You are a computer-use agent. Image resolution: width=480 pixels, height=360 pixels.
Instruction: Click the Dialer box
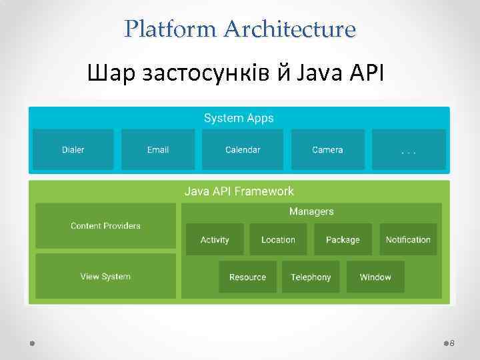click(x=73, y=149)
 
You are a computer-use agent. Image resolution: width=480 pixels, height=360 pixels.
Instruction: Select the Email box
click(x=158, y=149)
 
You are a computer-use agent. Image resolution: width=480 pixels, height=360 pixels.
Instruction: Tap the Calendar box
click(x=243, y=149)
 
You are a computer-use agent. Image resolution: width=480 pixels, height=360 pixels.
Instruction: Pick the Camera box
click(x=327, y=149)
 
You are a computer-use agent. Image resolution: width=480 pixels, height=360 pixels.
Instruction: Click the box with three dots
click(x=409, y=149)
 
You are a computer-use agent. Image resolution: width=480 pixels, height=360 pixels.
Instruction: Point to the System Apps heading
click(x=239, y=118)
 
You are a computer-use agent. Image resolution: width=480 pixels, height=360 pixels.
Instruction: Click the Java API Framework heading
click(x=239, y=191)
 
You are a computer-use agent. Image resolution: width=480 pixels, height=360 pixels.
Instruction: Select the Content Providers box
click(x=105, y=226)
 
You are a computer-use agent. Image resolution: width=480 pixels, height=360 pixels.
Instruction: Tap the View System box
click(x=105, y=276)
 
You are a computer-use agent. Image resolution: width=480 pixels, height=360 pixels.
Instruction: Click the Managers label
click(x=311, y=211)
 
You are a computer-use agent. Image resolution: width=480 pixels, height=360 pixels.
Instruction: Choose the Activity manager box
click(x=215, y=239)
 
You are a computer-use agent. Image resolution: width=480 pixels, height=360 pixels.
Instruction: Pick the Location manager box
click(x=278, y=239)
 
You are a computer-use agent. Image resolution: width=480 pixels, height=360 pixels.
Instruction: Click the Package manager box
click(x=343, y=239)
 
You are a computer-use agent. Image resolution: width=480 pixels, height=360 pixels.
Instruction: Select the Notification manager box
click(x=408, y=239)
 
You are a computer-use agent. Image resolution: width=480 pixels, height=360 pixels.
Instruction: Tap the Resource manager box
click(x=247, y=277)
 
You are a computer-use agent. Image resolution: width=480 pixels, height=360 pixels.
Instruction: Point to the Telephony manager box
click(x=311, y=277)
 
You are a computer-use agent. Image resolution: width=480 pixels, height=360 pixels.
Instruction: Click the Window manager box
click(x=375, y=277)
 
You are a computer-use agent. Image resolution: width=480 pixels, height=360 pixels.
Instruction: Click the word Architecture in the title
click(x=290, y=29)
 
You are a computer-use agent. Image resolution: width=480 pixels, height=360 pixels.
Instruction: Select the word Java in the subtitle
click(x=319, y=72)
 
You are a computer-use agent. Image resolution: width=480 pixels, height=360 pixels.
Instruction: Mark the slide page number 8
click(x=452, y=343)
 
